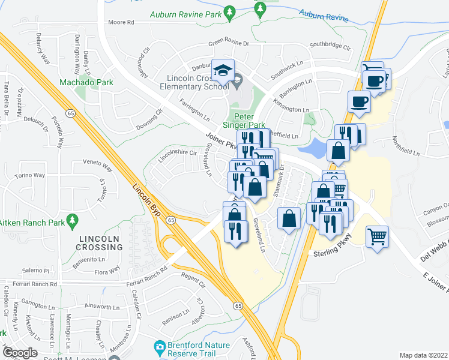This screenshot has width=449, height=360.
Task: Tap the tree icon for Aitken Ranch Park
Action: [x=73, y=220]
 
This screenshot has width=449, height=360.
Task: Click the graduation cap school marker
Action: [x=222, y=71]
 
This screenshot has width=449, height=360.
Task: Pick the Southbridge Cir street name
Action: [x=330, y=45]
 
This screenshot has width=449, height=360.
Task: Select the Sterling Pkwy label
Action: [x=332, y=254]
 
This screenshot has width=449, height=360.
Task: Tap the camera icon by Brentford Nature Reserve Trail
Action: [x=160, y=346]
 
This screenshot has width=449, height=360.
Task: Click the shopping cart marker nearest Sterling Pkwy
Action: [x=378, y=238]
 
